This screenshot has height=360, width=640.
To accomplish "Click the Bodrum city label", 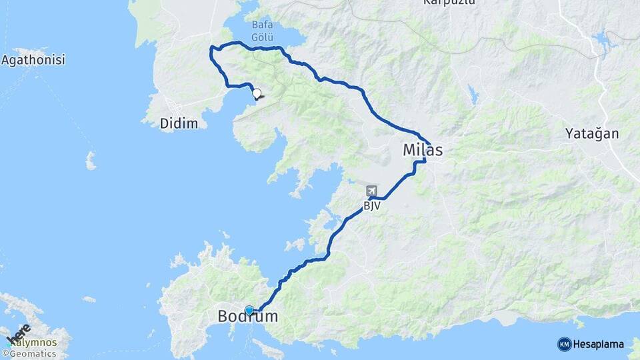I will coord(248,317).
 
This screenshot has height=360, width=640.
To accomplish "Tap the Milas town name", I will coord(423,151).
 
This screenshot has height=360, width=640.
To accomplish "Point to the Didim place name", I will coord(179,124).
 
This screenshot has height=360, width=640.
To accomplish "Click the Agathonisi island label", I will coord(33,61).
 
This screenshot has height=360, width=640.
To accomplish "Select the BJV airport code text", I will coord(372,206).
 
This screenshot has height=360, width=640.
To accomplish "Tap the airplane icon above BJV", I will coord(371,192).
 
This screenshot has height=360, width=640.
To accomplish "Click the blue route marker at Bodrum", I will coord(249,310).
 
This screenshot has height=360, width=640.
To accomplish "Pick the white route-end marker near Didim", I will coord(256,95).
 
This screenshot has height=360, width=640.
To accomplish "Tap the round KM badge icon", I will coord(564,344).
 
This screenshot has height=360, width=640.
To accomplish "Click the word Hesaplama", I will coord(599,344).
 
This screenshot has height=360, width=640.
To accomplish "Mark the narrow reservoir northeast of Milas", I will coord(473,95).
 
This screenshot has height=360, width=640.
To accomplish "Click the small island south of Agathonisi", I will coord(91,160).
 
